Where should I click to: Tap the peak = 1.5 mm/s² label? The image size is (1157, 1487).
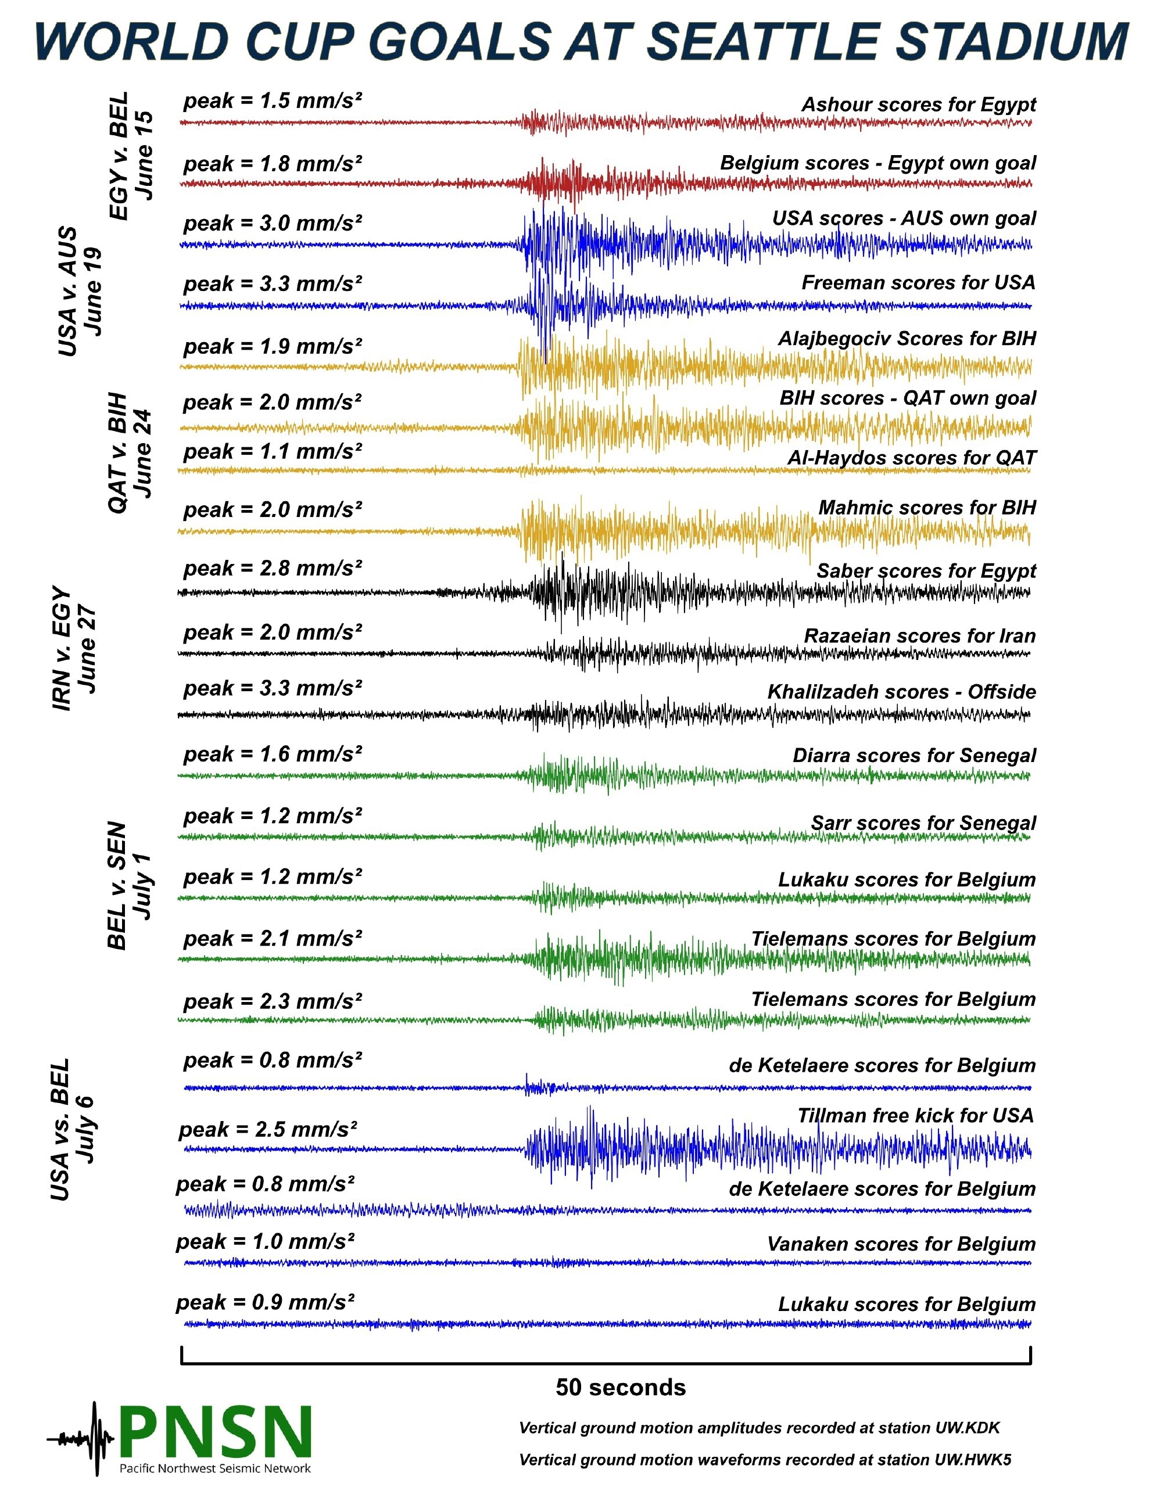(273, 100)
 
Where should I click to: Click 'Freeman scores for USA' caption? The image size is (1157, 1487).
(919, 282)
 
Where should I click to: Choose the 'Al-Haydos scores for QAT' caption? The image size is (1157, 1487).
(912, 458)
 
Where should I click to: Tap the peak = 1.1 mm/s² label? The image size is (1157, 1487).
(273, 451)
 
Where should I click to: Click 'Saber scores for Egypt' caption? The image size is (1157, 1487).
(926, 571)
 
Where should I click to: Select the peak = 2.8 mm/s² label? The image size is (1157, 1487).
(273, 569)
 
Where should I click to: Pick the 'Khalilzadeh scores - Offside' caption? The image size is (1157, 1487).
(902, 692)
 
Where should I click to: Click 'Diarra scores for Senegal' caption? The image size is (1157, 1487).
(914, 756)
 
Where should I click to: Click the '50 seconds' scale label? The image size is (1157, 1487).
(621, 1387)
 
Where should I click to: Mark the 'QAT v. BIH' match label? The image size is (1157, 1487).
(130, 452)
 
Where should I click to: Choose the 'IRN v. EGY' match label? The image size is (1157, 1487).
(74, 649)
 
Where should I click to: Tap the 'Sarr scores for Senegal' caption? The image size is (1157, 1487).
(923, 823)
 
